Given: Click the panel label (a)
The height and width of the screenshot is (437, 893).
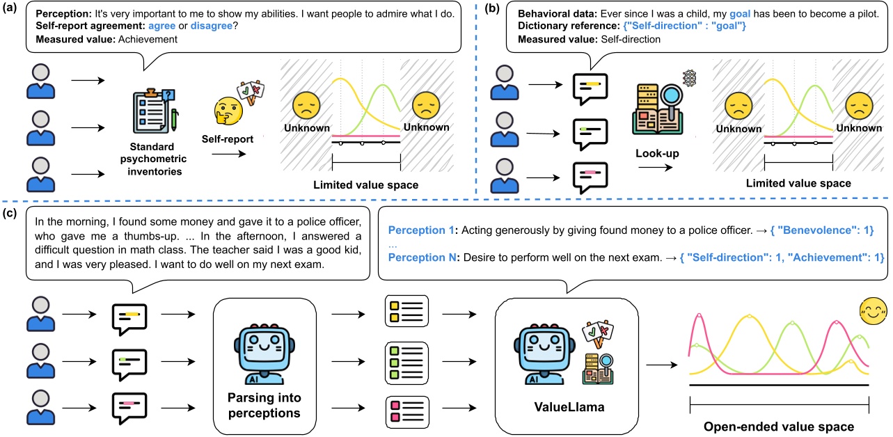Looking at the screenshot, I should tap(10, 10).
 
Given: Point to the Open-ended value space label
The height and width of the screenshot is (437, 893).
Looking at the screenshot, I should tap(779, 426).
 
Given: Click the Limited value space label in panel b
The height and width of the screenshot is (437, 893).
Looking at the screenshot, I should tap(798, 184).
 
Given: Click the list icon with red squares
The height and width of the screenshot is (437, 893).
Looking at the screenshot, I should tap(407, 408).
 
